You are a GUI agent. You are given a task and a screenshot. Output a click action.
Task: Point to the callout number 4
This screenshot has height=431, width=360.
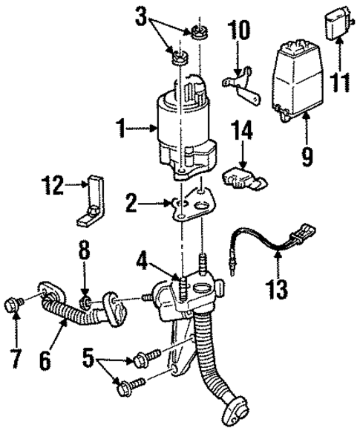click(141, 262)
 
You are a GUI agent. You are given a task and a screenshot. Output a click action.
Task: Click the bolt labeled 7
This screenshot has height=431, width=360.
click(16, 302)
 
